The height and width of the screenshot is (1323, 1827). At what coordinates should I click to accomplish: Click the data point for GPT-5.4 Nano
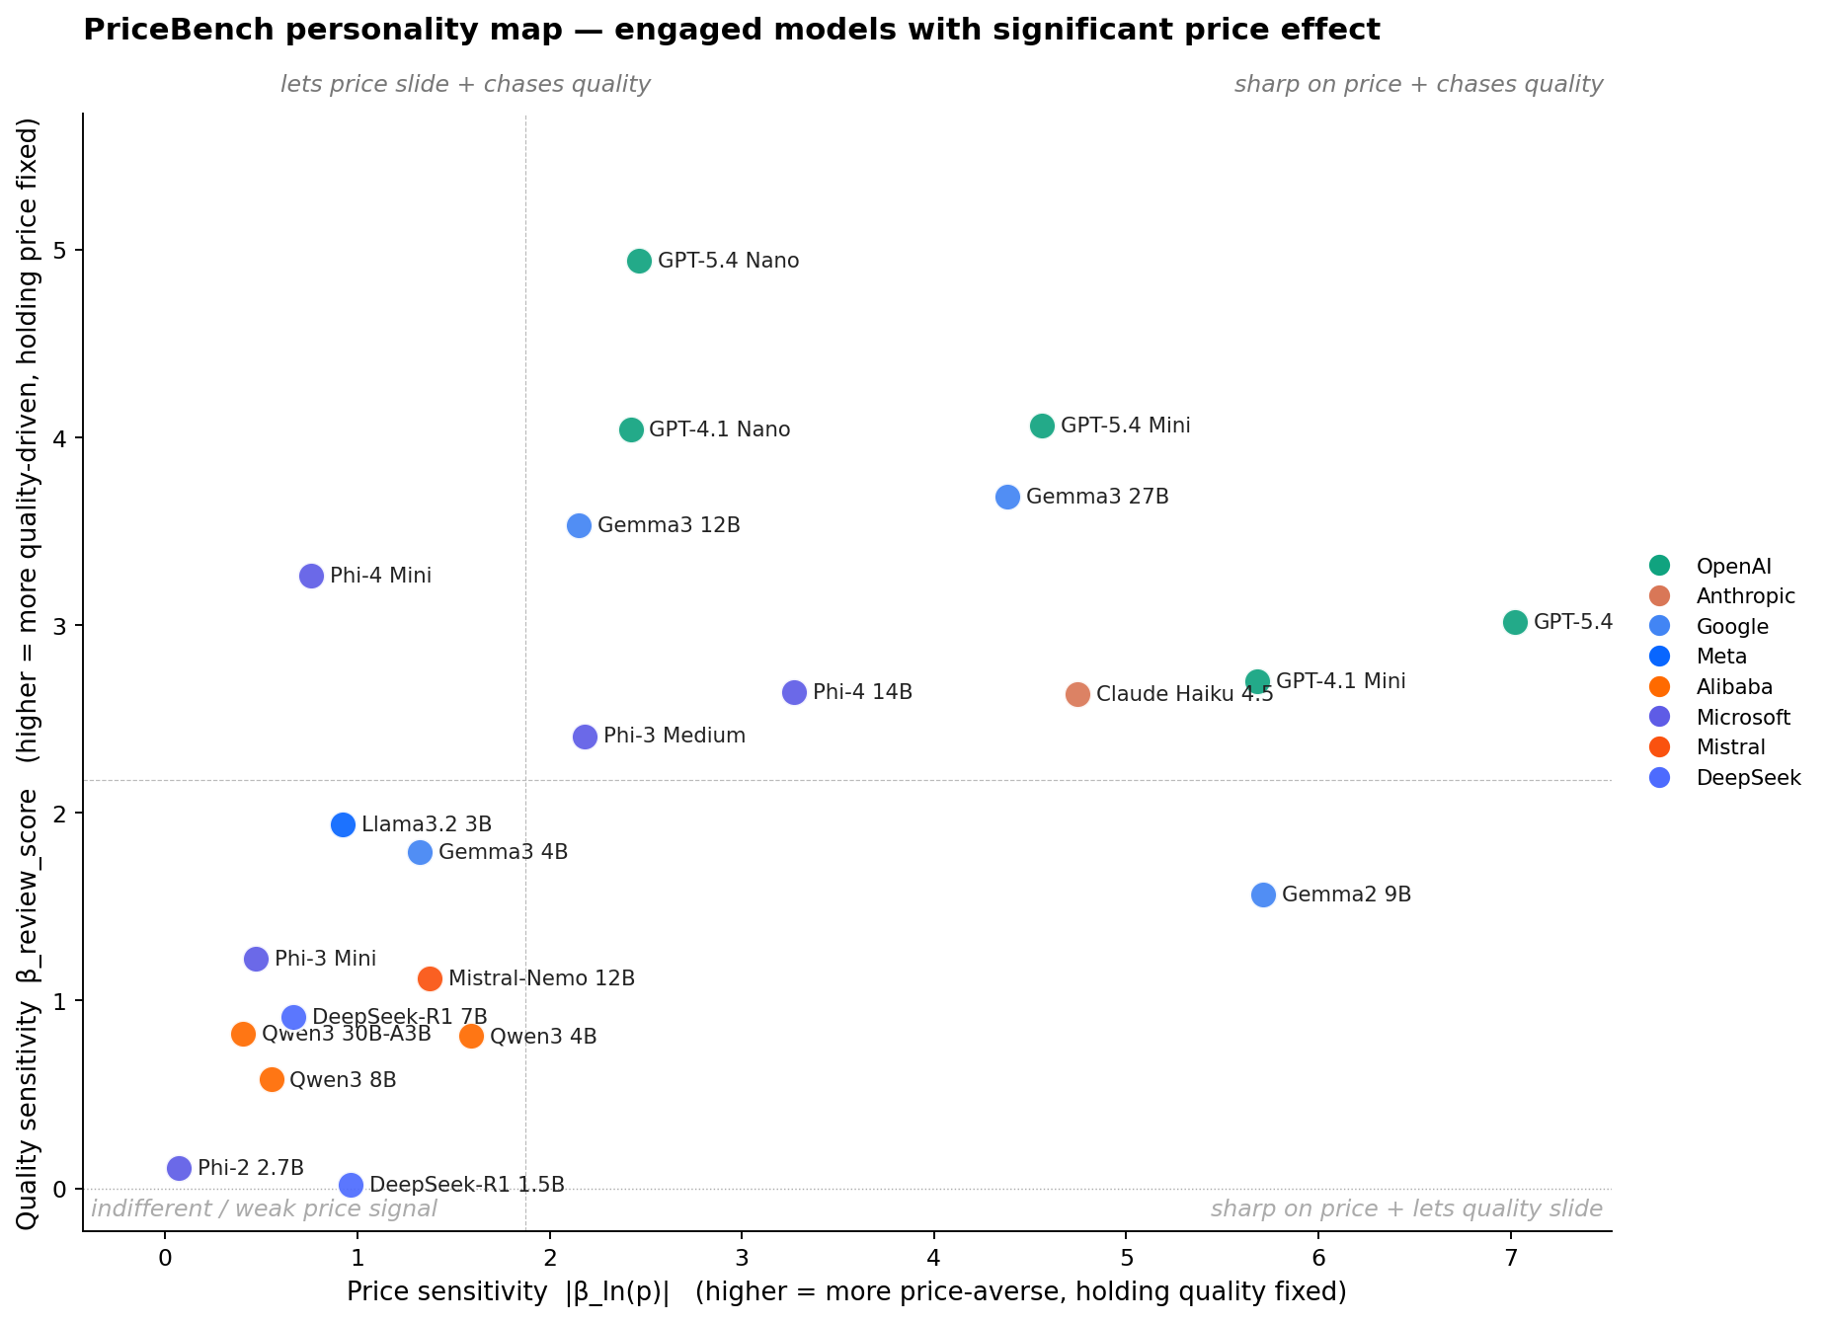click(x=639, y=261)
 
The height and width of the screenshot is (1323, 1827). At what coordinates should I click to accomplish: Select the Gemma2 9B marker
click(x=1263, y=895)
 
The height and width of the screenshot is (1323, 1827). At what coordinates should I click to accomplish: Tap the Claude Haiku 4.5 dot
click(x=1077, y=694)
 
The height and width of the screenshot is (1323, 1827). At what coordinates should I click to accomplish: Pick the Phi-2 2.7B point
click(x=179, y=1168)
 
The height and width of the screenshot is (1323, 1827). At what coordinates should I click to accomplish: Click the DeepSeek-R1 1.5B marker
click(x=351, y=1185)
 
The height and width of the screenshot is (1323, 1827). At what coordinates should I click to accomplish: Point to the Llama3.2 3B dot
click(x=343, y=824)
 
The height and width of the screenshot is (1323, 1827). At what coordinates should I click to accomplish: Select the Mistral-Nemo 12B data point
click(x=430, y=978)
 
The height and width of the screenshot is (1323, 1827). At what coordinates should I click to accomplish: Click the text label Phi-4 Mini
click(x=380, y=576)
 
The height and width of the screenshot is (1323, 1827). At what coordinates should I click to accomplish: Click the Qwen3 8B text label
click(x=343, y=1080)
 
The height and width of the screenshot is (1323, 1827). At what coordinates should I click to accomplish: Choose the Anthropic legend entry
click(x=1745, y=596)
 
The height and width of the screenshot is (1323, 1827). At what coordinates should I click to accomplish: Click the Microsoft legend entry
click(x=1742, y=717)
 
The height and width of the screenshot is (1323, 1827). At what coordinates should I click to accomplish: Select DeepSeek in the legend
click(x=1748, y=778)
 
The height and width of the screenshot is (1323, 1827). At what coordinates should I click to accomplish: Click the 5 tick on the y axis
click(x=60, y=251)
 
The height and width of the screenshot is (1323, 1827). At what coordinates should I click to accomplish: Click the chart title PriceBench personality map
click(x=731, y=31)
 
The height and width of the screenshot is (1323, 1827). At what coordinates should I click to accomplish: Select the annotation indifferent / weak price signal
click(x=264, y=1208)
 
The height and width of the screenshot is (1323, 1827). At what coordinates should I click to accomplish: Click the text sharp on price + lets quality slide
click(x=1406, y=1208)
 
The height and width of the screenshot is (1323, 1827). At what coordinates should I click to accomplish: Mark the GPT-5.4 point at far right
click(x=1515, y=622)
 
